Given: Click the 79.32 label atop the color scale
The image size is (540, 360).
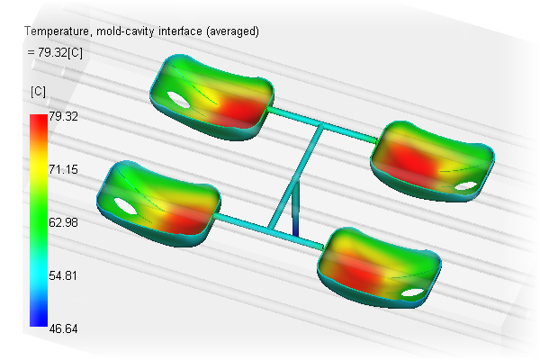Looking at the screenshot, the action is click(63, 116).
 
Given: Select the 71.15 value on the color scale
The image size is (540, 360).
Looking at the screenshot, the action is click(63, 169).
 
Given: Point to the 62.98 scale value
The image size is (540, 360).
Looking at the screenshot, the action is click(63, 222).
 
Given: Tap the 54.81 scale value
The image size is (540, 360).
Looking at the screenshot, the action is click(63, 275).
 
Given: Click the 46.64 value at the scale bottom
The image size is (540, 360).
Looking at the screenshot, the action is click(63, 328).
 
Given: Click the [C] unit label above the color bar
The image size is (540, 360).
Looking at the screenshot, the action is click(38, 92).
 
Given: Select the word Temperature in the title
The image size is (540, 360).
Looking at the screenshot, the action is click(57, 31).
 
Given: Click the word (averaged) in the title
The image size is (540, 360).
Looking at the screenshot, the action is click(232, 31).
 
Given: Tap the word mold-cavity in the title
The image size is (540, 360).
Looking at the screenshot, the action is click(125, 31).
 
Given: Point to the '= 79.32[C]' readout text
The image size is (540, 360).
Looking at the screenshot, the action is click(55, 52).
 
